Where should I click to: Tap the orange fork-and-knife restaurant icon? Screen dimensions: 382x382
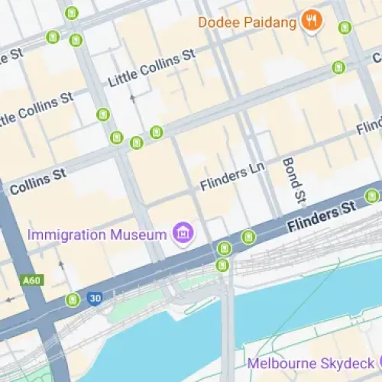tap(310, 21)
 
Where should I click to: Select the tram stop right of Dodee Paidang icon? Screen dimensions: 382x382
tap(345, 28)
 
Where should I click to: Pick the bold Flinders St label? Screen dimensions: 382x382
tap(322, 216)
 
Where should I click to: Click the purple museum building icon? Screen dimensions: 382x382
tap(182, 231)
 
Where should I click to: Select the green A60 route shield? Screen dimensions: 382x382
tap(31, 280)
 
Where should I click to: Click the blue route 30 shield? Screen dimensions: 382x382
tap(95, 298)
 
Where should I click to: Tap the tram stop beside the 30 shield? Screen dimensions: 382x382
tap(73, 299)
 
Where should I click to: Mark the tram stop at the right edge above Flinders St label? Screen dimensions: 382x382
tap(372, 196)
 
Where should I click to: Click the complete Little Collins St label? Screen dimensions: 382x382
tap(152, 68)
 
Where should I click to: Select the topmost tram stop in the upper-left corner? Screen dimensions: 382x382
tap(71, 13)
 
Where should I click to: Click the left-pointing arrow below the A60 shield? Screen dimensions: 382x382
tap(10, 298)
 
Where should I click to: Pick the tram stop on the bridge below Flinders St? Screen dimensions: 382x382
tap(222, 265)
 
